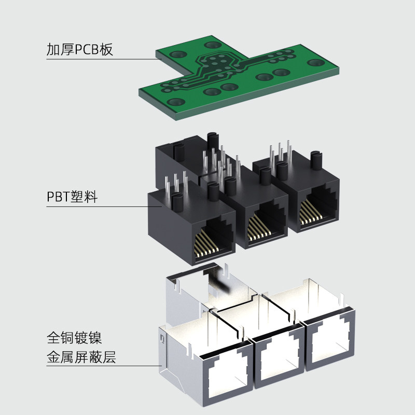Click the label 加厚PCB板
pos(79,50)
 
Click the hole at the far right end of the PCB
pos(315,63)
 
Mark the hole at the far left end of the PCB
pos(177,102)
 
